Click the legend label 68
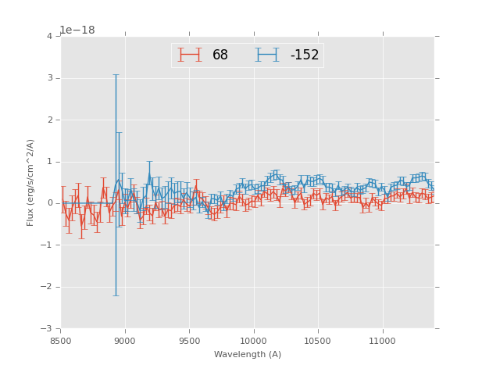[220, 55]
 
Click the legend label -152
[304, 55]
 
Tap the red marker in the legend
[189, 55]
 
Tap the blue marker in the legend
[266, 55]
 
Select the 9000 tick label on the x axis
[125, 342]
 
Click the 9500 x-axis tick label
[189, 342]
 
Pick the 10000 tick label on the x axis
[253, 342]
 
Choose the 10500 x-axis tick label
[318, 342]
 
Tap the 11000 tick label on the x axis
[382, 342]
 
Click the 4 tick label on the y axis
[49, 37]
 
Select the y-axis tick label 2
[49, 120]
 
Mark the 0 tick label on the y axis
[49, 203]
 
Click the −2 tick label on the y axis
[47, 287]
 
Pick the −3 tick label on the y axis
[47, 328]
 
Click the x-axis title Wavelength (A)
[248, 355]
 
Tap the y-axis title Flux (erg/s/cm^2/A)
[31, 182]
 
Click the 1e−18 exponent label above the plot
[77, 30]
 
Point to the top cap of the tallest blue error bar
[116, 75]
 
